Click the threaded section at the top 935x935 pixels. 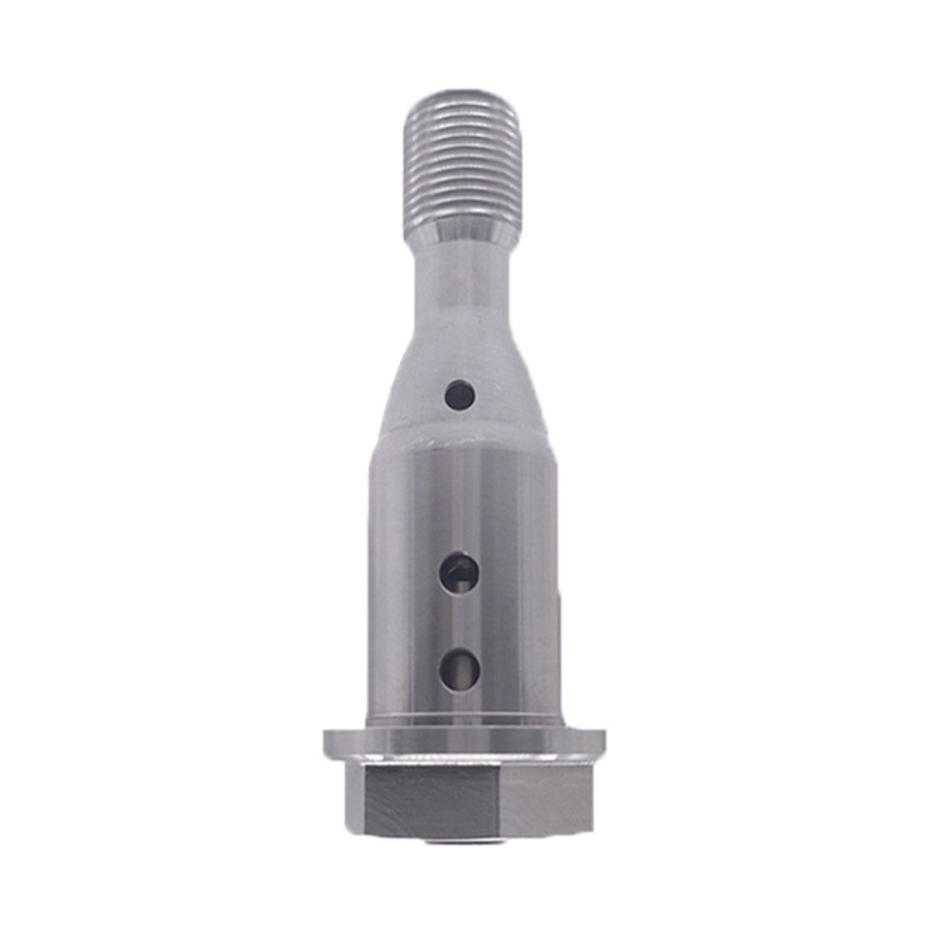[462, 158]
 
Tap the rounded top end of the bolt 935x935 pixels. [462, 97]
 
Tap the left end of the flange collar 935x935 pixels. [327, 742]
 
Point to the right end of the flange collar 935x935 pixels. [602, 742]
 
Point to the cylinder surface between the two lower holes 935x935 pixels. [460, 621]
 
